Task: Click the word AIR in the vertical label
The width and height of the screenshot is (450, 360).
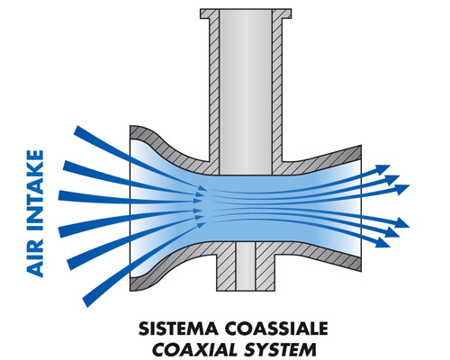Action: click(35, 261)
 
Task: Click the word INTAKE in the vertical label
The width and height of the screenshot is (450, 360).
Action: click(35, 194)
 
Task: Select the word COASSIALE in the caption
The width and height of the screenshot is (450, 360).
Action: click(276, 328)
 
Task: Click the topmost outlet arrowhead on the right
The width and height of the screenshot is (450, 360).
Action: click(383, 169)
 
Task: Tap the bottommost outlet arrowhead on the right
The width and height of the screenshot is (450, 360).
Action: click(383, 242)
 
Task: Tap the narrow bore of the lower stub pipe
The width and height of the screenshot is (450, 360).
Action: click(246, 266)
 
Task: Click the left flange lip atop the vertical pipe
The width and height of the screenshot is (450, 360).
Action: click(206, 13)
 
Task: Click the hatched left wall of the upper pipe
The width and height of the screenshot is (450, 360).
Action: click(214, 90)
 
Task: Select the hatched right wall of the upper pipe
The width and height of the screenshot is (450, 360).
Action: click(277, 90)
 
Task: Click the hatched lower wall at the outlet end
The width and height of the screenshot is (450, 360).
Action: click(345, 259)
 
